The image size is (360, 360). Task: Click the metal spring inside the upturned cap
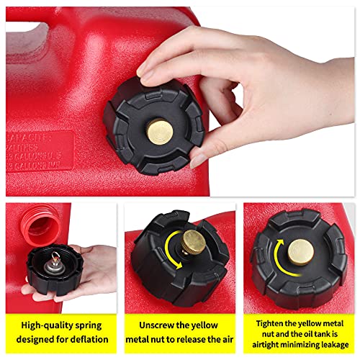click(54, 266)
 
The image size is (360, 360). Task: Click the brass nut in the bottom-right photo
click(302, 249)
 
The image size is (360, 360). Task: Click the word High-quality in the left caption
click(50, 325)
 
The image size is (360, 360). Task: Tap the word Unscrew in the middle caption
click(154, 325)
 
